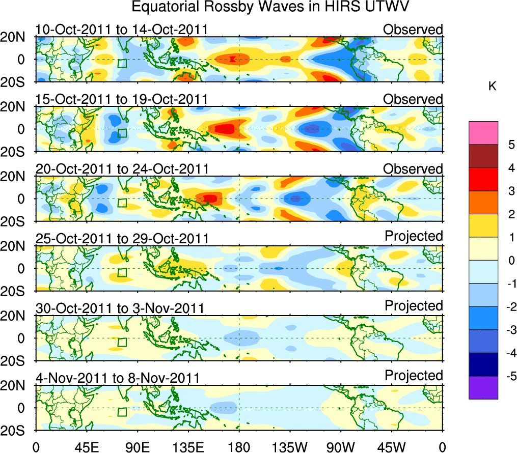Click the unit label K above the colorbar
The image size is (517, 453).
pyautogui.click(x=492, y=87)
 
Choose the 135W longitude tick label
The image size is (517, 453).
pyautogui.click(x=289, y=447)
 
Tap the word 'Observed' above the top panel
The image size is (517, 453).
pyautogui.click(x=413, y=30)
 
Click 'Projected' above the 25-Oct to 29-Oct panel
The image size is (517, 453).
pyautogui.click(x=414, y=236)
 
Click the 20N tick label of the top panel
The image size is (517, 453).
pyautogui.click(x=17, y=37)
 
